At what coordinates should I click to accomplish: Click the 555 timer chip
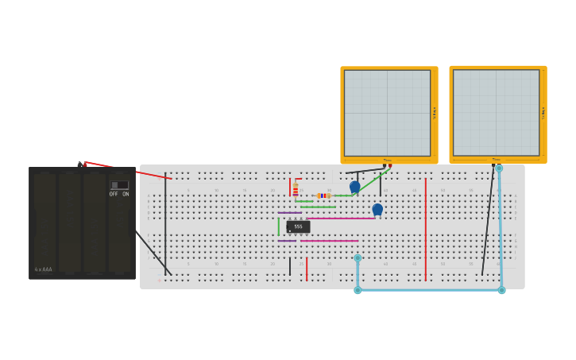coord(298,226)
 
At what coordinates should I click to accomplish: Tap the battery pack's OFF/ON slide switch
coord(119,185)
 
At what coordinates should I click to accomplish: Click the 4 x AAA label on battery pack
coord(43,269)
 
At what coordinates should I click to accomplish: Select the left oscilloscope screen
coord(387,113)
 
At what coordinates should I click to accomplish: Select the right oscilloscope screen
coord(496,112)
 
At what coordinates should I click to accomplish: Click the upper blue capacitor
coord(354,187)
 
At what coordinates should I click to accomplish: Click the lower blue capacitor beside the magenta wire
coord(377,209)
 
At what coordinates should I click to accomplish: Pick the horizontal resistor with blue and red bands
coord(323,195)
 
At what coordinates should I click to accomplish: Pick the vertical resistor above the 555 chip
coord(296,189)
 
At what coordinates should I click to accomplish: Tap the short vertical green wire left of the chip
coord(279,226)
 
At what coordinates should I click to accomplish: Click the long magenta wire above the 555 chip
coord(342,218)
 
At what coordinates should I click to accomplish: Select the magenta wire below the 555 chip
coord(330,240)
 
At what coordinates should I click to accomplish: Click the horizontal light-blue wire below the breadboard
coord(429,290)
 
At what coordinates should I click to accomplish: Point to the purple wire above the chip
coord(288,212)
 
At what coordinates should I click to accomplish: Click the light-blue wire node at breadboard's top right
coord(499,168)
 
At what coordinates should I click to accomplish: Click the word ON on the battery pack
coord(126,194)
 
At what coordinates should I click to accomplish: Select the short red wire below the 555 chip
coord(307,269)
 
